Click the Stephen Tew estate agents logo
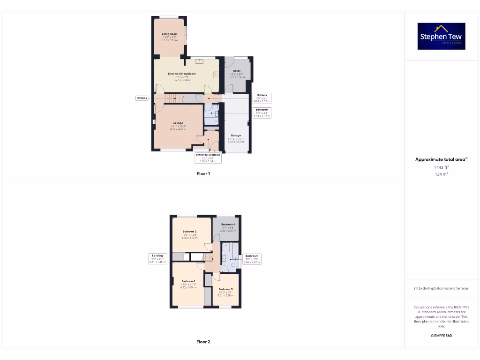tap(441, 36)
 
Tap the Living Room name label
tap(169, 34)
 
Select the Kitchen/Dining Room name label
tap(182, 74)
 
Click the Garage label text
tap(236, 135)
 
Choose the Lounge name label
tap(178, 123)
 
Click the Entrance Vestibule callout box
tap(208, 157)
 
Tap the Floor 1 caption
tap(203, 173)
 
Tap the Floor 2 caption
tap(203, 342)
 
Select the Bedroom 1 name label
tap(188, 281)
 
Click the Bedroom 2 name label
tap(189, 232)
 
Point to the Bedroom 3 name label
tap(225, 289)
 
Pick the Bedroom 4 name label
tap(228, 225)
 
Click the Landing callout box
tap(157, 258)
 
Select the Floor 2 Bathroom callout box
tap(252, 258)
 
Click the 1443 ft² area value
tap(441, 167)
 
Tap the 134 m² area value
tap(441, 174)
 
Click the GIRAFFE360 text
tap(441, 336)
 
